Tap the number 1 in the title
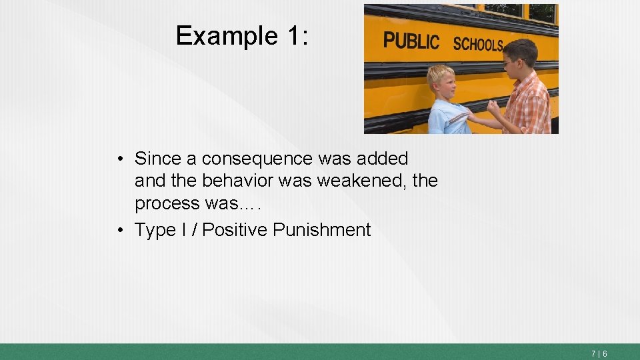(x=296, y=35)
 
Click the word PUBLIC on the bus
(x=411, y=41)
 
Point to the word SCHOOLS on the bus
(x=477, y=45)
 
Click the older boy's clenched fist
(x=494, y=108)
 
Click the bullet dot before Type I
(x=119, y=230)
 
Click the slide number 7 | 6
(x=598, y=353)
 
